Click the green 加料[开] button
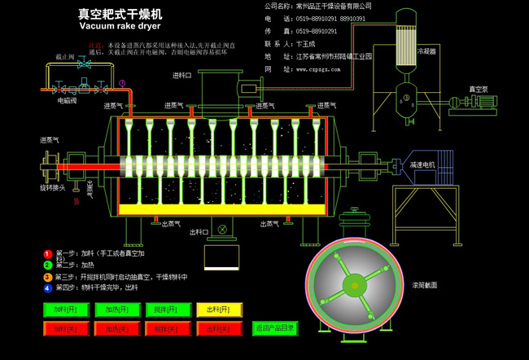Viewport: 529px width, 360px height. coord(65,310)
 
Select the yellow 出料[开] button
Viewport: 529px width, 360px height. coord(219,310)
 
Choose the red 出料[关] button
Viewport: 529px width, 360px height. coord(219,328)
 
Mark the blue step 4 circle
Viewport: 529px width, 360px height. coord(47,287)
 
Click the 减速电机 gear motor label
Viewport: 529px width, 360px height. coord(422,164)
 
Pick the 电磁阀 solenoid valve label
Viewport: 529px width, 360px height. coord(66,102)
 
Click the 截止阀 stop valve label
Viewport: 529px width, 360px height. coord(66,57)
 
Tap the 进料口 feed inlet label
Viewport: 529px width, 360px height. coord(181,75)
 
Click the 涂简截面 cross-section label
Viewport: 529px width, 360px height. coord(424,286)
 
